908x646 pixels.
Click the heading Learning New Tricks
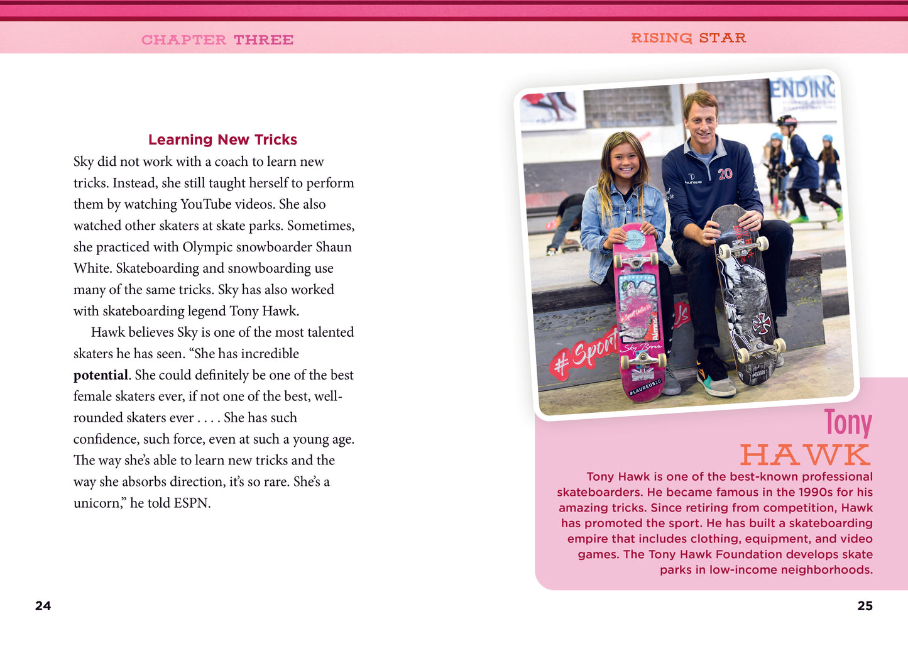pyautogui.click(x=222, y=140)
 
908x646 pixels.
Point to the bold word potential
pyautogui.click(x=101, y=375)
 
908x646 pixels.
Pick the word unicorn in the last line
pyautogui.click(x=97, y=503)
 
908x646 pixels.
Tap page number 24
pyautogui.click(x=43, y=606)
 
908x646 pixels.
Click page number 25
pyautogui.click(x=865, y=606)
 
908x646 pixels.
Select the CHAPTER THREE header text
pyautogui.click(x=217, y=40)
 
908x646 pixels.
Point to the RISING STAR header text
pyautogui.click(x=688, y=38)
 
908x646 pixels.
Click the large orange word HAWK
pyautogui.click(x=806, y=454)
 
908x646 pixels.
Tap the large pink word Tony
pyautogui.click(x=848, y=422)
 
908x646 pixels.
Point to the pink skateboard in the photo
pyautogui.click(x=640, y=314)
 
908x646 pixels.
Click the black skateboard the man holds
pyautogui.click(x=748, y=295)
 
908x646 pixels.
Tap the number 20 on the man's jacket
pyautogui.click(x=725, y=173)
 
